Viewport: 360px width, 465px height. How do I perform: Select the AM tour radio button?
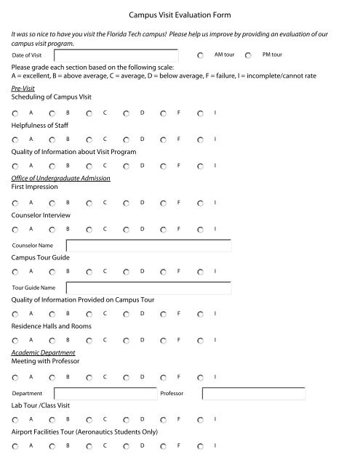coord(200,55)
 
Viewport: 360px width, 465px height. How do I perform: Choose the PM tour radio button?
coord(249,55)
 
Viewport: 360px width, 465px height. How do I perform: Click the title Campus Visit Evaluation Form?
coord(180,13)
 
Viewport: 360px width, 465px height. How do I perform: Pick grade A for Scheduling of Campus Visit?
coord(15,113)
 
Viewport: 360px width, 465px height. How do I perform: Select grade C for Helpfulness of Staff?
coord(89,139)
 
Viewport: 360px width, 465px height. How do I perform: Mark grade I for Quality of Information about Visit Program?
coord(200,166)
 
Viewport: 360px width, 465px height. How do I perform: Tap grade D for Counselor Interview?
coord(127,230)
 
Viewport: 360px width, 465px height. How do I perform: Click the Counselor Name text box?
coord(148,246)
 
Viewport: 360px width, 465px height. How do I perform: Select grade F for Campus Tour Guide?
coord(164,272)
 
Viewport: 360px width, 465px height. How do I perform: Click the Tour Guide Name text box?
coord(148,288)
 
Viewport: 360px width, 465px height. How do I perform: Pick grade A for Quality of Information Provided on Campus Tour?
coord(15,314)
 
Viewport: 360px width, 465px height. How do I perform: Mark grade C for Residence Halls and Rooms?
coord(89,340)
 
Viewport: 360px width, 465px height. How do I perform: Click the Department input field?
coord(103,393)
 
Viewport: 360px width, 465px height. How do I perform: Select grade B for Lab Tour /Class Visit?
coord(52,419)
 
